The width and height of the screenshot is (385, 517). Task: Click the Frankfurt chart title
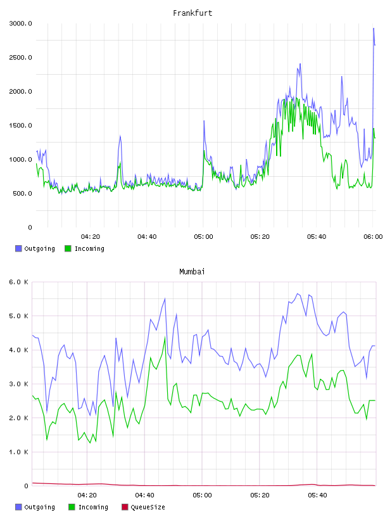tap(192, 13)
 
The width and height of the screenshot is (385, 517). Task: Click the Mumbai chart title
tap(192, 272)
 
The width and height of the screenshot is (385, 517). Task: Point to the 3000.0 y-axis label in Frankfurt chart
tap(20, 23)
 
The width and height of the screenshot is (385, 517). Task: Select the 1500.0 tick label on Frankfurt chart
tap(20, 125)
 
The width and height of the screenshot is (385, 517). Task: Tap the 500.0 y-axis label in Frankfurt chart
tap(22, 193)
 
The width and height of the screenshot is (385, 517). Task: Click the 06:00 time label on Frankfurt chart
tap(373, 237)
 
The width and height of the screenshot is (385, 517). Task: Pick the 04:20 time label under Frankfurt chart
tap(91, 237)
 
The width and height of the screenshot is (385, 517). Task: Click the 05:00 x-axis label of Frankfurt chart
tap(203, 237)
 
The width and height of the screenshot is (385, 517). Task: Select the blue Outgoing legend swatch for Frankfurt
tap(18, 248)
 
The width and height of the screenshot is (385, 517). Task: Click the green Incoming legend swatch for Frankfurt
tap(68, 248)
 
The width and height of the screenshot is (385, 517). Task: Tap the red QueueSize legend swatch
tap(125, 507)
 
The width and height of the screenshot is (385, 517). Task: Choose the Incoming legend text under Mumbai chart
tap(93, 507)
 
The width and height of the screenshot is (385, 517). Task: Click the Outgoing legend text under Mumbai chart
tap(39, 507)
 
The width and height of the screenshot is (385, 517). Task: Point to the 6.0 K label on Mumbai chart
tap(18, 282)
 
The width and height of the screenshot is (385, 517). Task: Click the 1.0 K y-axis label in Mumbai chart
tap(18, 452)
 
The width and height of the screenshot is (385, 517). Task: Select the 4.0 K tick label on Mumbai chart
tap(18, 350)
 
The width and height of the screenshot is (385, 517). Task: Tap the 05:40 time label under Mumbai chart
tap(317, 495)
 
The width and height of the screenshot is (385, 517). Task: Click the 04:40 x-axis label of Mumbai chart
tap(145, 495)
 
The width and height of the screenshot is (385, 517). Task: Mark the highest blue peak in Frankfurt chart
tap(374, 29)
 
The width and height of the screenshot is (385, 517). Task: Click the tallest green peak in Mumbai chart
tap(165, 337)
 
